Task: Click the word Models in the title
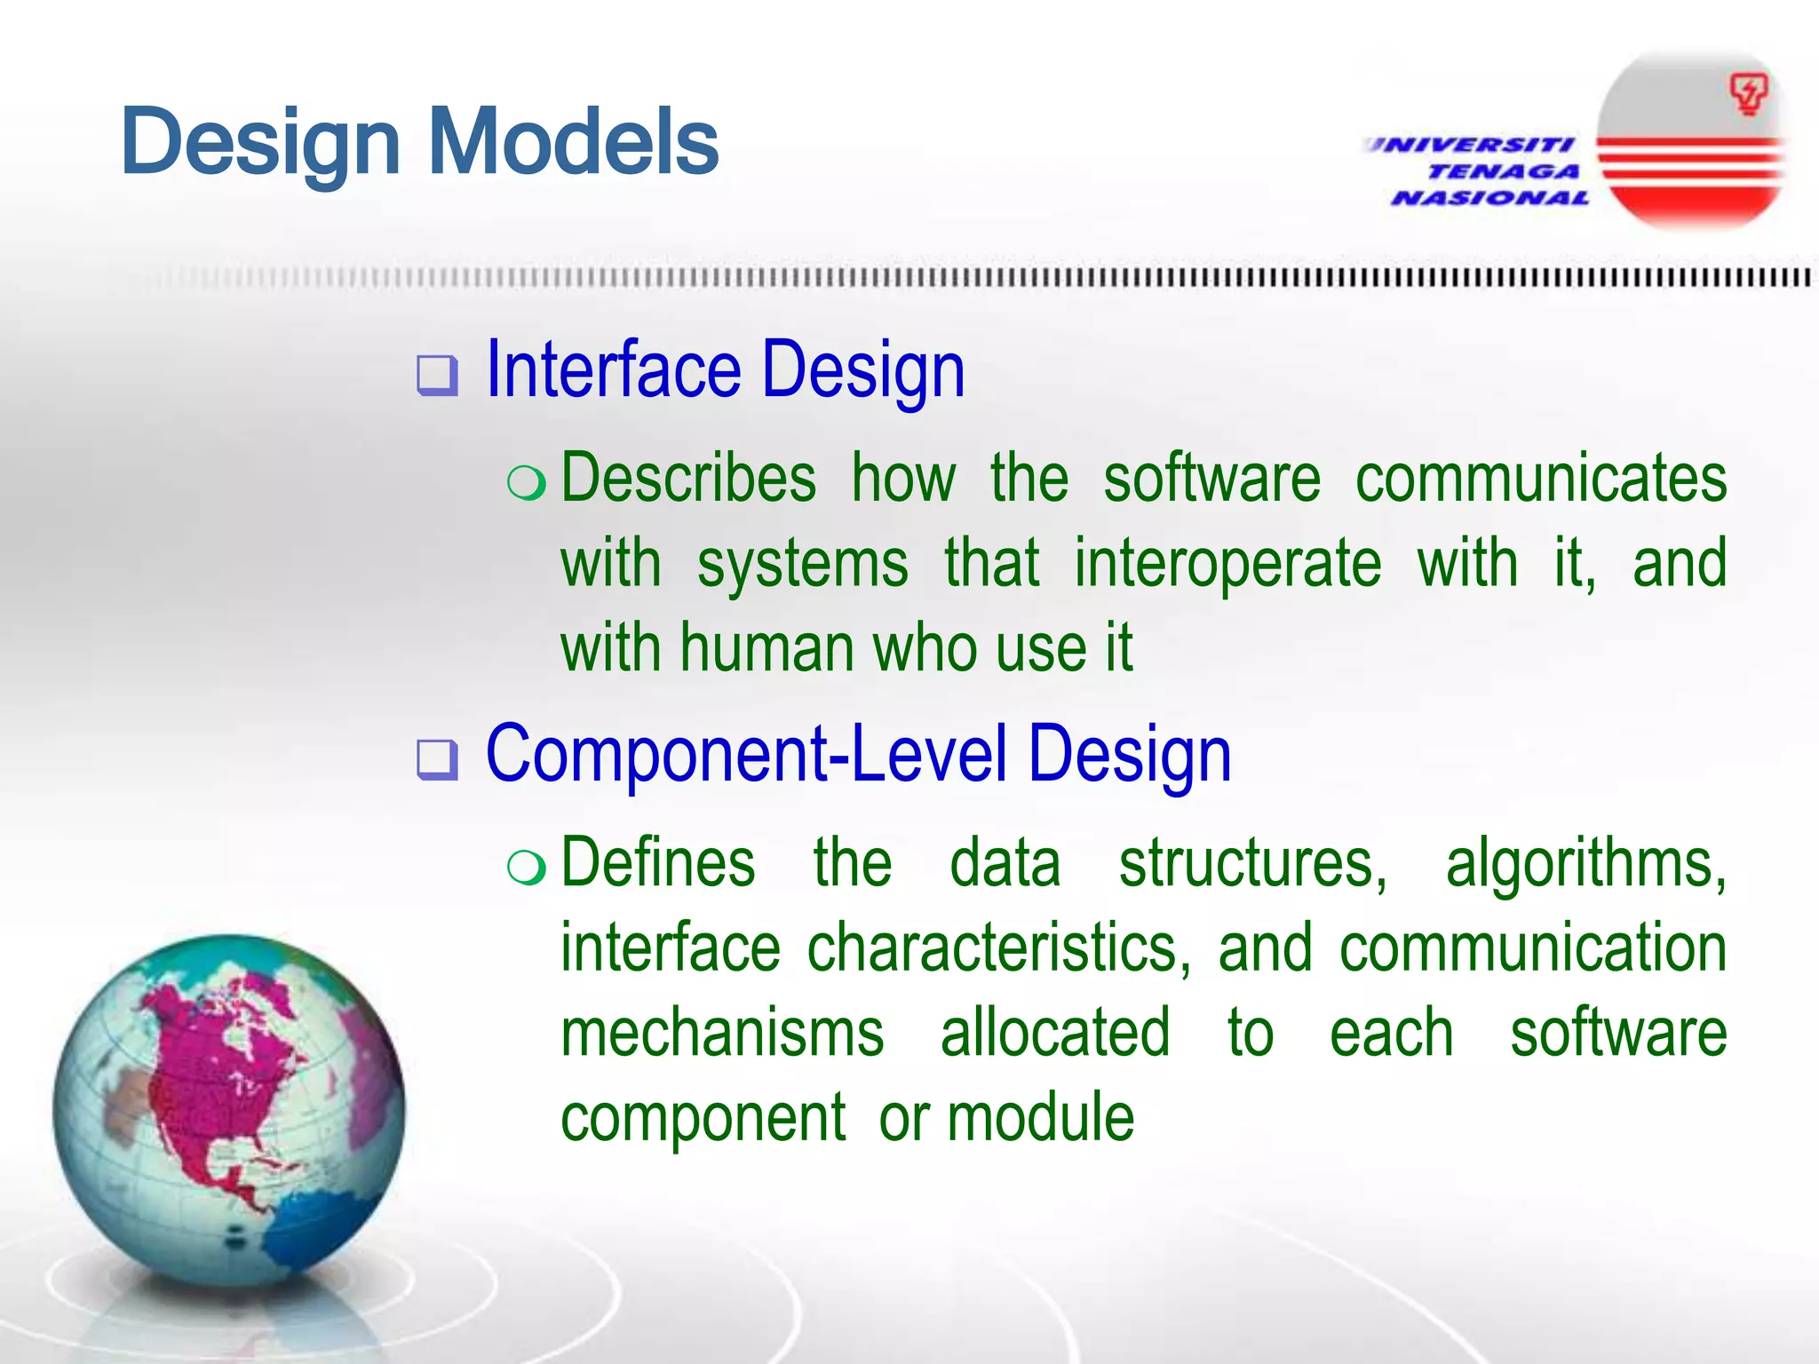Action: coord(574,142)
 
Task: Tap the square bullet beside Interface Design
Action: coord(438,375)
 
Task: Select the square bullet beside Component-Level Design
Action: coord(438,759)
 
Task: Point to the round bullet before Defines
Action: coord(526,867)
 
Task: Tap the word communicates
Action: coord(1541,479)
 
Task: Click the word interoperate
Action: coord(1227,564)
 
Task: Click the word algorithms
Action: coord(1585,864)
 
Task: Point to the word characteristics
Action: coord(998,948)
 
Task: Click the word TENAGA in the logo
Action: coord(1503,171)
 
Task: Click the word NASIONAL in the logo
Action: coord(1490,198)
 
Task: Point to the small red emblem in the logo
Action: coord(1748,94)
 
